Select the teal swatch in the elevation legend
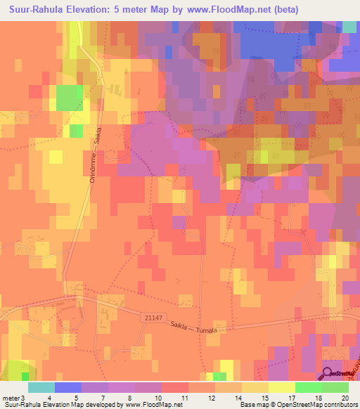pyautogui.click(x=41, y=387)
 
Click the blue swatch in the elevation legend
pyautogui.click(x=68, y=387)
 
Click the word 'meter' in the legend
pyautogui.click(x=11, y=398)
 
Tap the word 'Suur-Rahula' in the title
pyautogui.click(x=34, y=10)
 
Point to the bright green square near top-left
pyautogui.click(x=69, y=97)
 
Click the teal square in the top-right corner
pyautogui.click(x=349, y=27)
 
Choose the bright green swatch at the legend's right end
pyautogui.click(x=335, y=387)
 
